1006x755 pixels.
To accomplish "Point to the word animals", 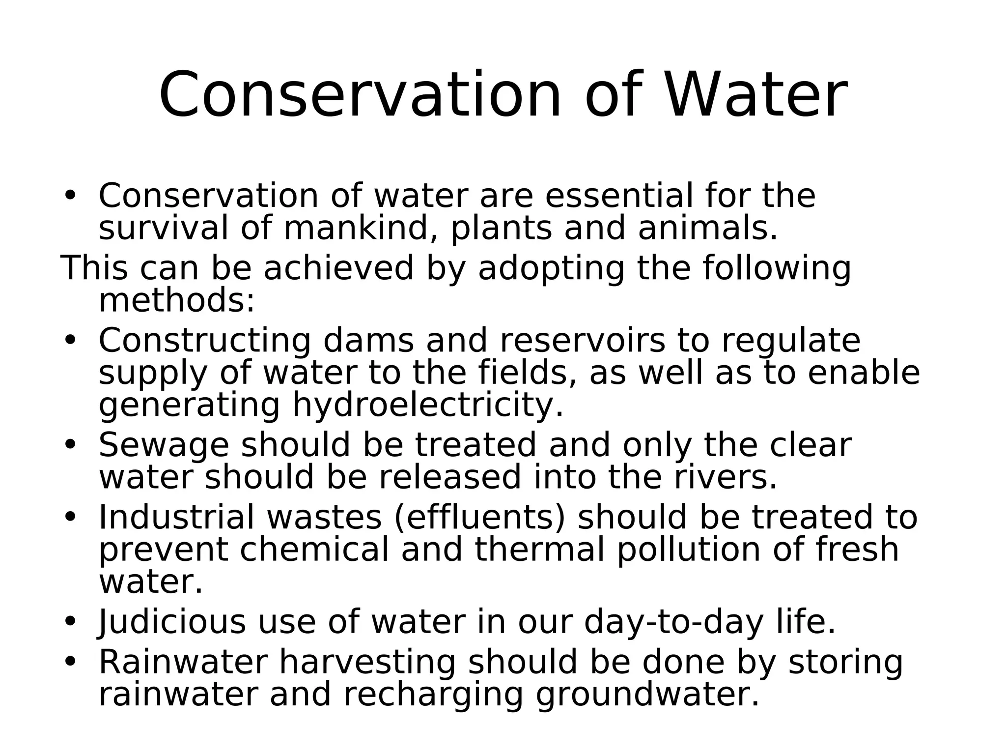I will click(707, 229).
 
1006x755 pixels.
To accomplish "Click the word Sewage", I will click(164, 445).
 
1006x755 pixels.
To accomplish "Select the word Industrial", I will click(177, 518).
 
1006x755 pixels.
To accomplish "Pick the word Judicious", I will click(172, 622).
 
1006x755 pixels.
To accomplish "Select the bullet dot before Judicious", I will click(70, 621).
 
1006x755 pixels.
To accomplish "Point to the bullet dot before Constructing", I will click(70, 340).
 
